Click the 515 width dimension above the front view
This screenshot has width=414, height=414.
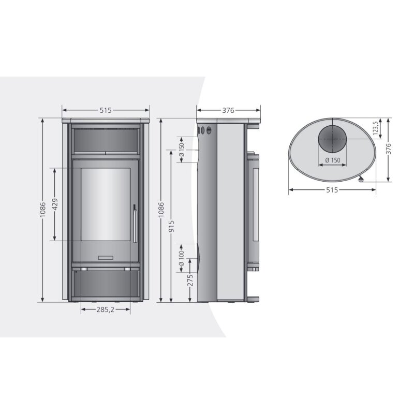106,110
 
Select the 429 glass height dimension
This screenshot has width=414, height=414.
55,204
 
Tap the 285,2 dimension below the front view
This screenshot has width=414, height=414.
106,310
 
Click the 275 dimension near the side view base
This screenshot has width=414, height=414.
190,281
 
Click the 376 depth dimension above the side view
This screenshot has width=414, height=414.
228,110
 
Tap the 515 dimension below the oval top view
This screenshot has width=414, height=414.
332,190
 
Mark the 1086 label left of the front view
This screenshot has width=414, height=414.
43,210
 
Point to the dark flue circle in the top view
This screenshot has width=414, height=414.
331,139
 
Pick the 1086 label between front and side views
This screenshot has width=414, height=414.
160,210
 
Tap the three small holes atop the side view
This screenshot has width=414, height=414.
205,130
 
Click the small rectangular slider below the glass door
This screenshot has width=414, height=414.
106,256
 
